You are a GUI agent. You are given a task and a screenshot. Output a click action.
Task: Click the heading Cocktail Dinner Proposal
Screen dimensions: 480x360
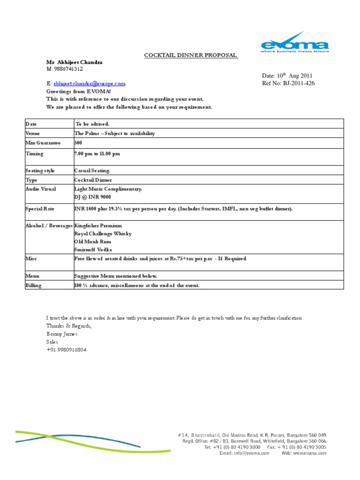point(191,55)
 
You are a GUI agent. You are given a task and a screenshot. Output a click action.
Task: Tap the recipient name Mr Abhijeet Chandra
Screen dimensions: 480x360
point(74,62)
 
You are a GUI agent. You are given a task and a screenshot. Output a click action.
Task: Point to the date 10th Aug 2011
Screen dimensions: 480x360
point(287,76)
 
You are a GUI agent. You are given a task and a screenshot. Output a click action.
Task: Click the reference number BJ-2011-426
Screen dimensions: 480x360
point(296,83)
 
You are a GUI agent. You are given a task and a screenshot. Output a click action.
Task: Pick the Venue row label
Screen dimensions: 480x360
point(33,134)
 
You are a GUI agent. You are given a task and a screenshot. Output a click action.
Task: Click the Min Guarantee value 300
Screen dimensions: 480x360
point(78,143)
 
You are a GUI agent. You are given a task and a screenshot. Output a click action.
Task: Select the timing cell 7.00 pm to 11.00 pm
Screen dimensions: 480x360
point(100,154)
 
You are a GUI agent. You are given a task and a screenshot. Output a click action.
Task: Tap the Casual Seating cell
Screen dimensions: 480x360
point(92,171)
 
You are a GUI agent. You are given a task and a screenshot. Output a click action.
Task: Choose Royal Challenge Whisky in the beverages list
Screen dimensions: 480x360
point(103,233)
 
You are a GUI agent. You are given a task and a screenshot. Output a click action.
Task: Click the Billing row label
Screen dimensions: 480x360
point(33,285)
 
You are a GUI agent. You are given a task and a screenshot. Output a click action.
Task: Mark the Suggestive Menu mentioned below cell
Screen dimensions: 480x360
point(116,276)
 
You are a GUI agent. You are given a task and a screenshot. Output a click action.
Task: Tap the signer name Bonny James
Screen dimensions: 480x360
point(62,334)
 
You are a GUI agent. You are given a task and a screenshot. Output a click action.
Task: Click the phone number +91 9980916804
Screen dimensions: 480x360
point(66,350)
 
